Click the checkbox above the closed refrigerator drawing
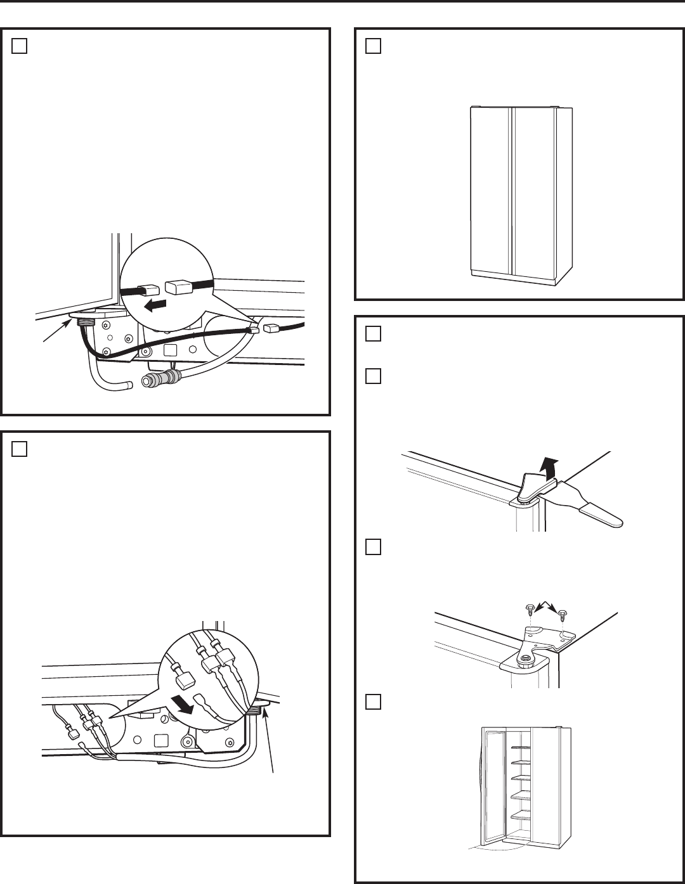tap(374, 46)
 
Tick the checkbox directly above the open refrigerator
tap(374, 702)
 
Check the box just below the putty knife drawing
tap(374, 547)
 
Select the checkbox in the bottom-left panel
tap(19, 449)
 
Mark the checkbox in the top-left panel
tap(19, 46)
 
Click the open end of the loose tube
tap(129, 384)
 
